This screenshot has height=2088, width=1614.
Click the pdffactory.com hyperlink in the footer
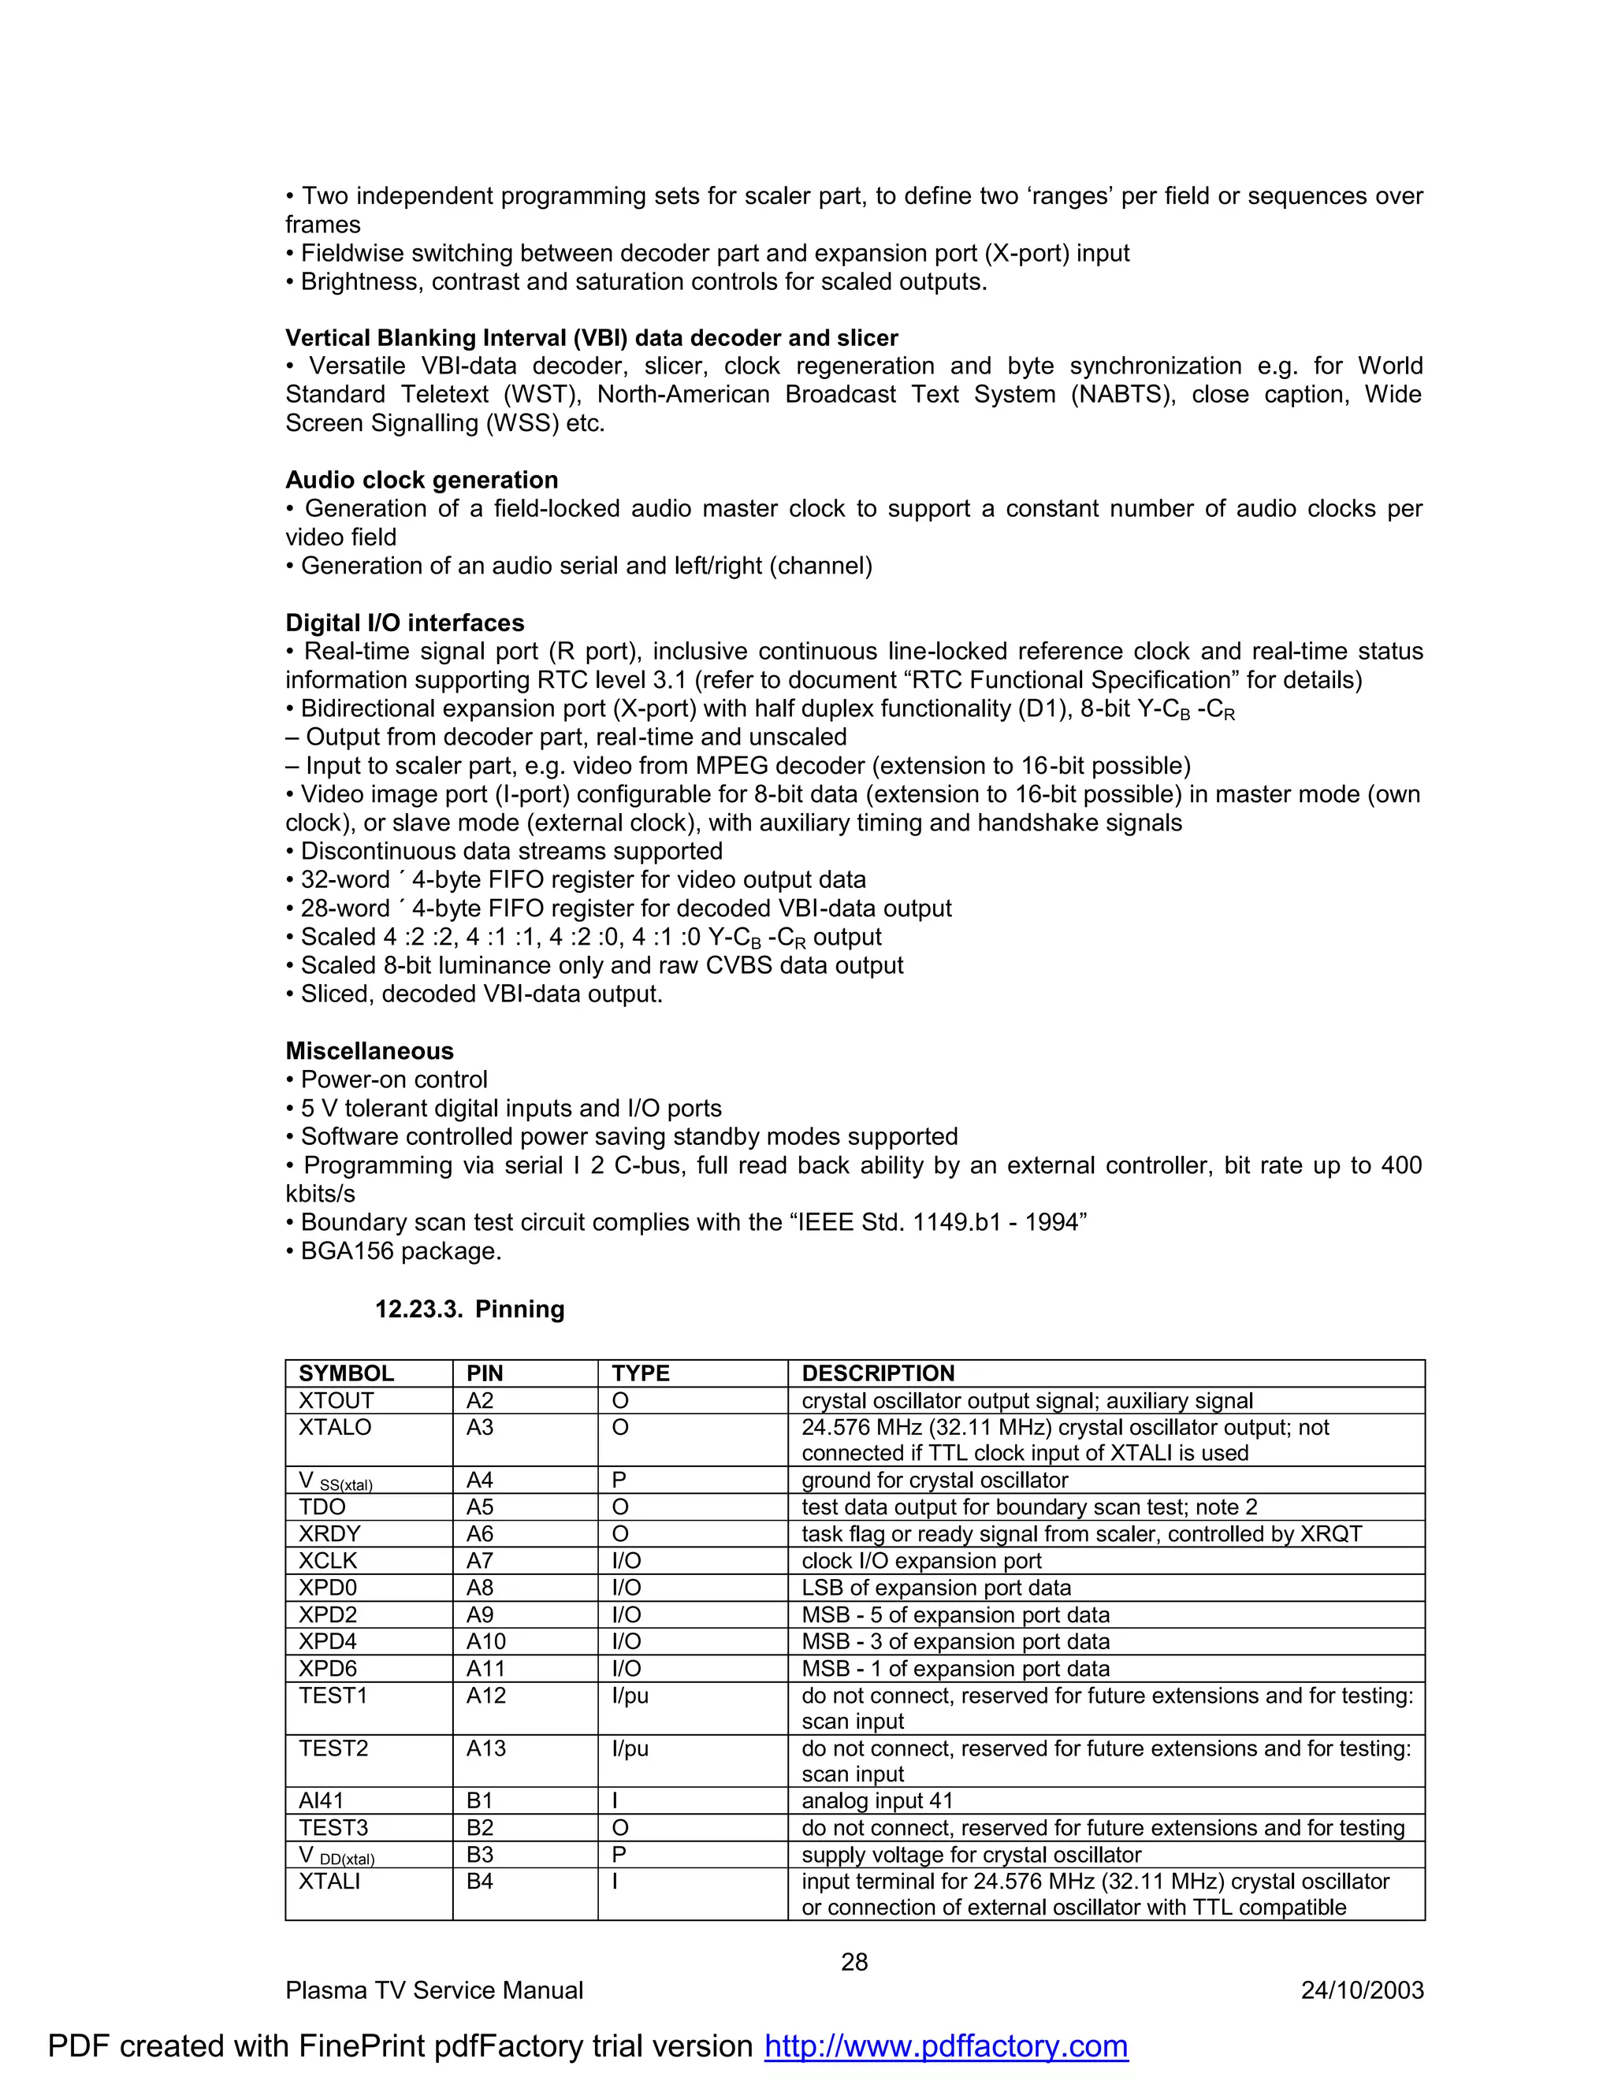(x=946, y=2046)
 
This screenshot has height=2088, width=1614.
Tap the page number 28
(x=853, y=1962)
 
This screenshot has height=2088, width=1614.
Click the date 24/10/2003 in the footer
(x=1362, y=1990)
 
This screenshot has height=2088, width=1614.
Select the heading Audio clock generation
(x=422, y=480)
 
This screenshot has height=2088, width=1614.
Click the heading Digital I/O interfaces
(x=404, y=623)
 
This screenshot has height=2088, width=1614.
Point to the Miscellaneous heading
(x=369, y=1050)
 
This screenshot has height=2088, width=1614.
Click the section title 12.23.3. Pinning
(x=470, y=1309)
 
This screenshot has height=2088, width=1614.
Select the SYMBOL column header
(x=346, y=1374)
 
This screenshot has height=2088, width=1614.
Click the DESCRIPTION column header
(x=878, y=1374)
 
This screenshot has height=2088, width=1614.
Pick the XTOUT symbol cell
(x=337, y=1401)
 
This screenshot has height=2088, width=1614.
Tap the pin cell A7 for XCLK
(x=480, y=1561)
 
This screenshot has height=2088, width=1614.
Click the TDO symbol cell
(x=322, y=1507)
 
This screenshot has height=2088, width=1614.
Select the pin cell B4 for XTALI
(x=480, y=1882)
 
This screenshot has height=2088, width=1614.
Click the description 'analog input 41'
(x=877, y=1801)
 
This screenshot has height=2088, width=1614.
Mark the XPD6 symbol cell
(x=328, y=1670)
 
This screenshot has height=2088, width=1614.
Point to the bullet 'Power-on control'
(x=394, y=1080)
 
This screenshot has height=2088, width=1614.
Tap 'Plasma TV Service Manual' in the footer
(x=434, y=1990)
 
